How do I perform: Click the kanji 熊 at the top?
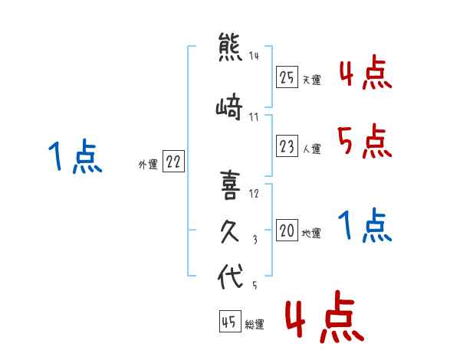[x=230, y=47]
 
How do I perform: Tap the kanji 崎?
[x=229, y=106]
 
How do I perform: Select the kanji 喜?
[x=230, y=185]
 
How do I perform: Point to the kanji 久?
[x=230, y=232]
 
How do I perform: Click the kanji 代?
[x=230, y=276]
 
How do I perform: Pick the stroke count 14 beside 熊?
[x=254, y=56]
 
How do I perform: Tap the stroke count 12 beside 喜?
[x=254, y=194]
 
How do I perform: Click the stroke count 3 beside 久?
[x=255, y=240]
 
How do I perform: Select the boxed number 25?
[x=287, y=77]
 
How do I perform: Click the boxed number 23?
[x=287, y=146]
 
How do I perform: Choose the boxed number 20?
[x=287, y=230]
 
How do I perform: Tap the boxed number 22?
[x=173, y=162]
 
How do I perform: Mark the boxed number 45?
[x=230, y=321]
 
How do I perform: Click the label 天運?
[x=312, y=80]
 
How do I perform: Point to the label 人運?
[x=312, y=149]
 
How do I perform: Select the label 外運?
[x=148, y=165]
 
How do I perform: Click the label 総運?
[x=255, y=325]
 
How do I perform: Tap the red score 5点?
[x=365, y=141]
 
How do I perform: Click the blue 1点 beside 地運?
[x=365, y=225]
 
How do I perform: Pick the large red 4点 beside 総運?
[x=325, y=316]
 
